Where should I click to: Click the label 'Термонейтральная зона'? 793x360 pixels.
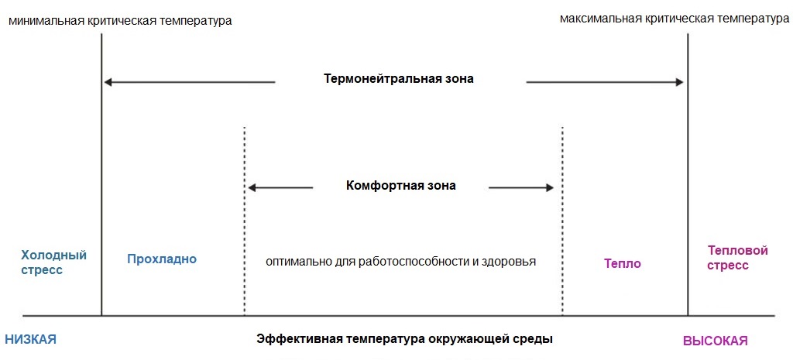tap(399, 80)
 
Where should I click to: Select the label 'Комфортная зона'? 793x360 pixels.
tap(401, 186)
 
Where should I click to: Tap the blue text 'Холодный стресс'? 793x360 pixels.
tap(53, 262)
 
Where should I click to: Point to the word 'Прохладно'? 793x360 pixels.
tap(162, 259)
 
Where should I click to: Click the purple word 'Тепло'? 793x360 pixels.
tap(622, 263)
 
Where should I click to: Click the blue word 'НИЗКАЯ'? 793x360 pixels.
tap(30, 340)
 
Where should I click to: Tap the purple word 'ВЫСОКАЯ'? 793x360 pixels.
tap(715, 341)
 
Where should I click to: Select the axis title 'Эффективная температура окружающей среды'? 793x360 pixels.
tap(404, 339)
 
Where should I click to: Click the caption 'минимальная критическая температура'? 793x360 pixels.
tap(120, 21)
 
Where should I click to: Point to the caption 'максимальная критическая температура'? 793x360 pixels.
tap(675, 19)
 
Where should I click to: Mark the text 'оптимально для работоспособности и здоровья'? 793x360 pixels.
tap(400, 262)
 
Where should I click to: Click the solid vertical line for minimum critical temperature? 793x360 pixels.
tap(101, 174)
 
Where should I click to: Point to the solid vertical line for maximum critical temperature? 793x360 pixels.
tap(688, 174)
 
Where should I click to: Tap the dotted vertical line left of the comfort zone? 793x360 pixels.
tap(244, 221)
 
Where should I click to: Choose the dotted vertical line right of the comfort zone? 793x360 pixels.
tap(562, 221)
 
